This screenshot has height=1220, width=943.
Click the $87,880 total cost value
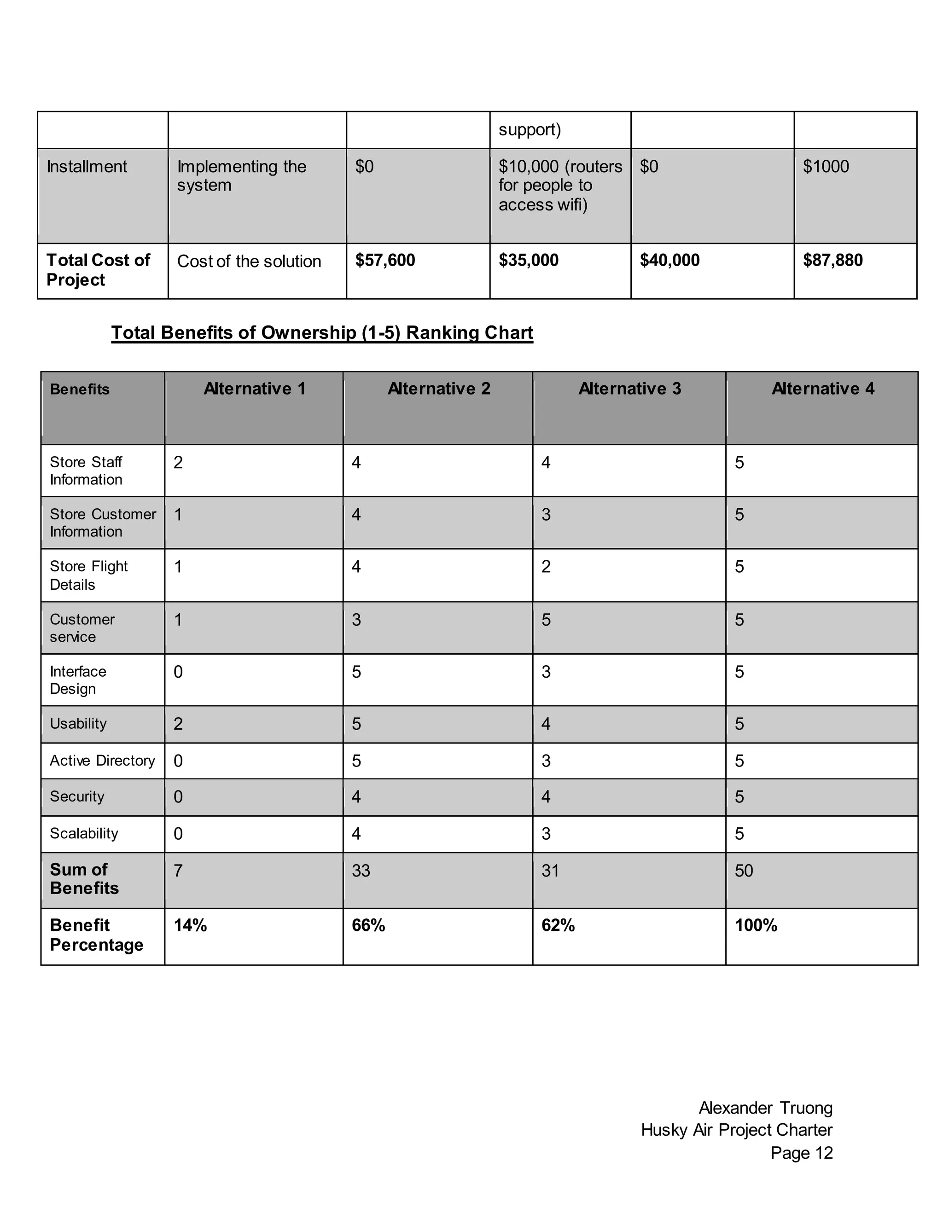click(832, 260)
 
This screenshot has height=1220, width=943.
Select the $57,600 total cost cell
click(385, 260)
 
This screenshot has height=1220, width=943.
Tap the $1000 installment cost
click(826, 167)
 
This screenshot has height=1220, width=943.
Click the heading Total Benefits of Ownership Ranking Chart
click(322, 332)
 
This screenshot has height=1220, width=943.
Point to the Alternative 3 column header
click(629, 389)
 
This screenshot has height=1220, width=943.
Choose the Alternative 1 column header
click(254, 389)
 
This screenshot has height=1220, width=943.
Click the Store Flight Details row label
click(88, 575)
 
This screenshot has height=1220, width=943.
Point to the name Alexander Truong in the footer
click(765, 1108)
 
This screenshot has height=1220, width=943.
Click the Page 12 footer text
click(801, 1152)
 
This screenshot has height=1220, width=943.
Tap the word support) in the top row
click(529, 130)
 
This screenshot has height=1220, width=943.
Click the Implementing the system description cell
click(241, 175)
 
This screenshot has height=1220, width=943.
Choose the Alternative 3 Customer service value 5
click(546, 620)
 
